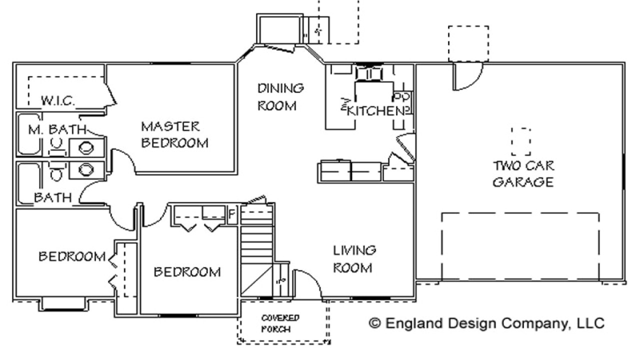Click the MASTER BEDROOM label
174,134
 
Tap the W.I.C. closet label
58,100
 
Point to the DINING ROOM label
280,97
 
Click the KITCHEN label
374,111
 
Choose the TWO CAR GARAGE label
523,173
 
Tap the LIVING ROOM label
354,258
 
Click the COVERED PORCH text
280,323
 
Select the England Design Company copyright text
486,323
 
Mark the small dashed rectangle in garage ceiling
521,141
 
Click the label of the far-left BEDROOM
72,256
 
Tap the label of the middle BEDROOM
187,272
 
